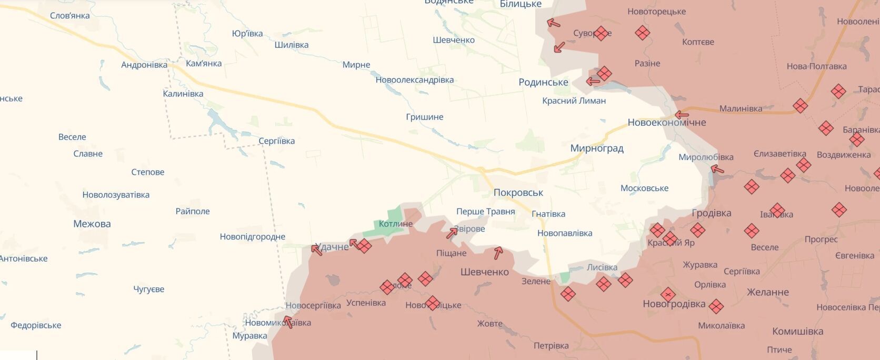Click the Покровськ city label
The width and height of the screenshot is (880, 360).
(518, 193)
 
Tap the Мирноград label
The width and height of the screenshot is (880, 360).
(597, 148)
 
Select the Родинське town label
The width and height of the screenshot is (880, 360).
(543, 82)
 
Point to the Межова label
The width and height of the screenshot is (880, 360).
(92, 224)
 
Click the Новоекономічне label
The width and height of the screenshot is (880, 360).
(666, 123)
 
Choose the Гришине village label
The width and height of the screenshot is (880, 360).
(424, 117)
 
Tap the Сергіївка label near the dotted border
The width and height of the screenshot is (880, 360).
(276, 141)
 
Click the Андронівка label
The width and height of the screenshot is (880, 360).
(144, 65)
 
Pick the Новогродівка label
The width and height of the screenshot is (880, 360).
(674, 304)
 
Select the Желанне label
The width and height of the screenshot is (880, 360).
(767, 292)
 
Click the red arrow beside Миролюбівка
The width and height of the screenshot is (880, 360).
(717, 169)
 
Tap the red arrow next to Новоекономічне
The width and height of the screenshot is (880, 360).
(682, 115)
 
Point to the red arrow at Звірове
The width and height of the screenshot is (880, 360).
(452, 233)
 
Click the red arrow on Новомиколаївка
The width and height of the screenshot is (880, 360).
(288, 322)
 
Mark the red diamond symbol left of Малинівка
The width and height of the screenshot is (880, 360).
(800, 106)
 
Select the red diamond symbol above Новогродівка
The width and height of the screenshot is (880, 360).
(668, 294)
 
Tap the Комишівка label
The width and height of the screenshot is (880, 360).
(797, 332)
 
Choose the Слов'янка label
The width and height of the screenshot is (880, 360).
(69, 16)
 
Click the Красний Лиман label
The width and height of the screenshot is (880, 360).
(574, 101)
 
